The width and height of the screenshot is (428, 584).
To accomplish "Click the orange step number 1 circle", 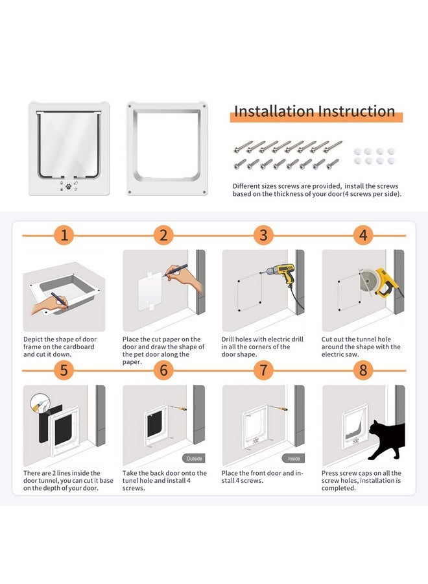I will point(64,235).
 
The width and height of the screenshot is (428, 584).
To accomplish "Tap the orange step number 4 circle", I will point(363,235).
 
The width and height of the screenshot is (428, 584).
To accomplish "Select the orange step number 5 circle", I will point(64,370).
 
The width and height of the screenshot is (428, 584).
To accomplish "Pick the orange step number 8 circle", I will point(363,370).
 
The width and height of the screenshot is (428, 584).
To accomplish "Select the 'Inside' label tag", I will point(293,457).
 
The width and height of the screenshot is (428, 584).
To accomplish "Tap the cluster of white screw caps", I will point(374,156).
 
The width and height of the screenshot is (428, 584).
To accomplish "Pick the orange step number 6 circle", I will point(163,370).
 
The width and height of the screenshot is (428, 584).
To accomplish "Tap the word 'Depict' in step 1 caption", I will point(34,339).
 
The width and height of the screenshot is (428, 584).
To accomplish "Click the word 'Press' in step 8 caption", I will point(331,474).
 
